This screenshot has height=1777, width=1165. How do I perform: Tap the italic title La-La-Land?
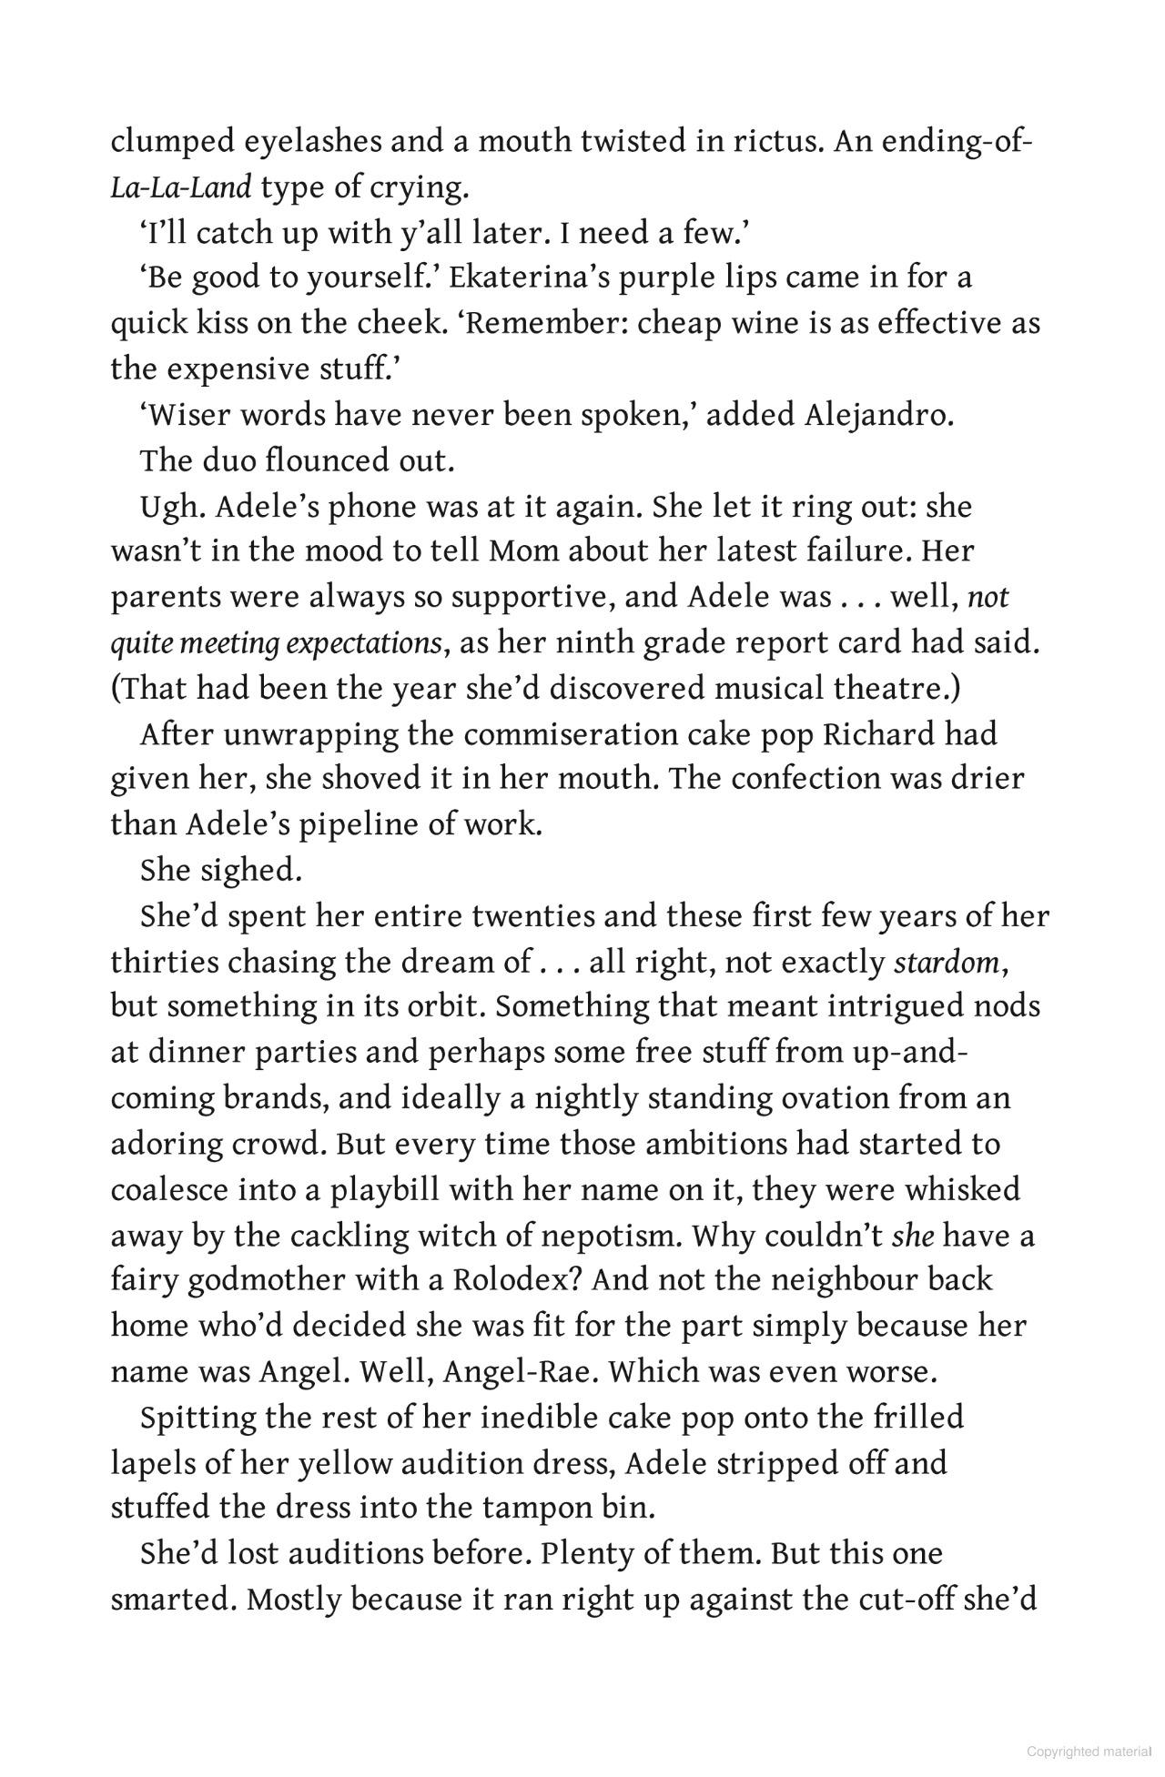180,188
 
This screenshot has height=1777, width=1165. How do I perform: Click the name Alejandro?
878,416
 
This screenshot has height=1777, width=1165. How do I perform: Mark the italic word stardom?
947,963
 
